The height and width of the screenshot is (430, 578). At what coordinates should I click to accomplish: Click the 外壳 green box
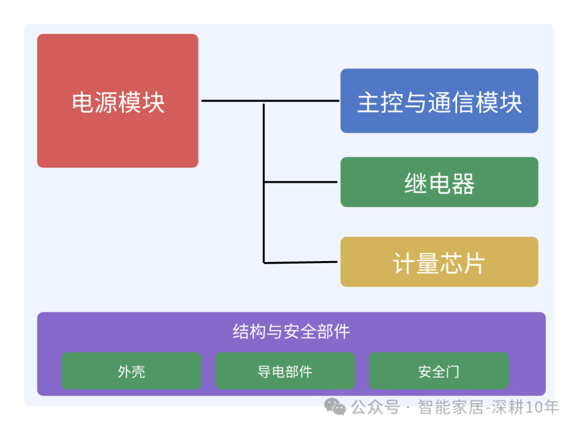coord(131,371)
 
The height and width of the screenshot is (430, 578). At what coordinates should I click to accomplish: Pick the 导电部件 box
coord(285,371)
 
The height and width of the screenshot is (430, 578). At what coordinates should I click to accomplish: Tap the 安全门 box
coord(438,371)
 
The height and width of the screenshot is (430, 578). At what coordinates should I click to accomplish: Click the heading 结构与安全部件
coord(291,332)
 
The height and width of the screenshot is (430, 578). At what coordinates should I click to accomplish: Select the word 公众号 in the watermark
coord(375,408)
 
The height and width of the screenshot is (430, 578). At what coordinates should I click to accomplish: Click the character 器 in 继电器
coord(463,184)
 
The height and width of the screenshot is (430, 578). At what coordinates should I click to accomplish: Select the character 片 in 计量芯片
coord(474,264)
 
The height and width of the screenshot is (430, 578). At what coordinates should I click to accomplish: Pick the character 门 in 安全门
coord(452,371)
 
